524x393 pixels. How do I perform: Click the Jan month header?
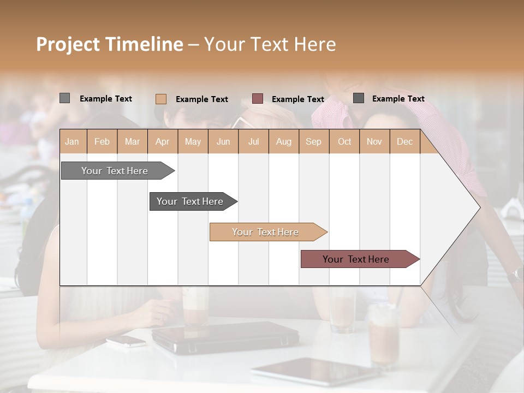click(x=72, y=141)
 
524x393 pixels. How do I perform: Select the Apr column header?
click(x=162, y=141)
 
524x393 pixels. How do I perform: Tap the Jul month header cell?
click(x=253, y=141)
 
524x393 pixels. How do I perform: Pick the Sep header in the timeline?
click(x=313, y=141)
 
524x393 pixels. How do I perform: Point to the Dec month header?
click(x=404, y=141)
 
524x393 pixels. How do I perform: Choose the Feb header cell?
click(x=102, y=141)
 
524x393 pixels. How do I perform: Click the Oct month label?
click(x=344, y=141)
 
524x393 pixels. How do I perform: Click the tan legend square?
click(x=161, y=99)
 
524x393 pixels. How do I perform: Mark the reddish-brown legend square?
click(x=258, y=99)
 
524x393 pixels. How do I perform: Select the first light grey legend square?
click(x=64, y=98)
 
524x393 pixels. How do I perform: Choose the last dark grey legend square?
click(x=359, y=98)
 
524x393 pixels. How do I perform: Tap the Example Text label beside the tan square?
click(x=201, y=99)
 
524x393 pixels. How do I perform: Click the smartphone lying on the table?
click(x=126, y=341)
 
